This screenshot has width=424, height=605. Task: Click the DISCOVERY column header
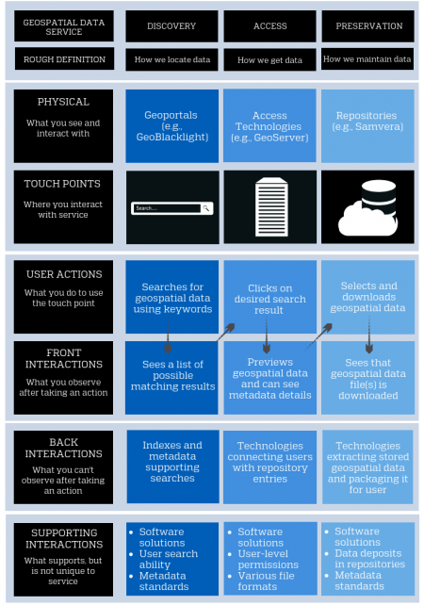click(171, 26)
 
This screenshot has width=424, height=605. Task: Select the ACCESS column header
click(269, 26)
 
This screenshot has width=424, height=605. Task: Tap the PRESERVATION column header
click(367, 26)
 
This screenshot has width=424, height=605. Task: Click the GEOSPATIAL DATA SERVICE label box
click(64, 26)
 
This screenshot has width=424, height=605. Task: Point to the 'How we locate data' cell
click(171, 60)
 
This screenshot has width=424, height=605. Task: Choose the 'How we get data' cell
click(269, 60)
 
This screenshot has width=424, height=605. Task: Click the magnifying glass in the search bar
click(206, 207)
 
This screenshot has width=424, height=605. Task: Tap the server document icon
click(269, 205)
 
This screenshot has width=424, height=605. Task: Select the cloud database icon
click(367, 204)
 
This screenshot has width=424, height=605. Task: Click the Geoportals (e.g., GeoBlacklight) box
click(171, 127)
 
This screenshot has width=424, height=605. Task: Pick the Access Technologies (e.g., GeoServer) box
click(269, 127)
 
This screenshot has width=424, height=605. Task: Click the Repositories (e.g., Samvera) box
click(367, 127)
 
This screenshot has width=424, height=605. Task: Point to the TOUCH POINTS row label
click(64, 184)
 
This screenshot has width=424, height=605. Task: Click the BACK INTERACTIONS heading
click(64, 448)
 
